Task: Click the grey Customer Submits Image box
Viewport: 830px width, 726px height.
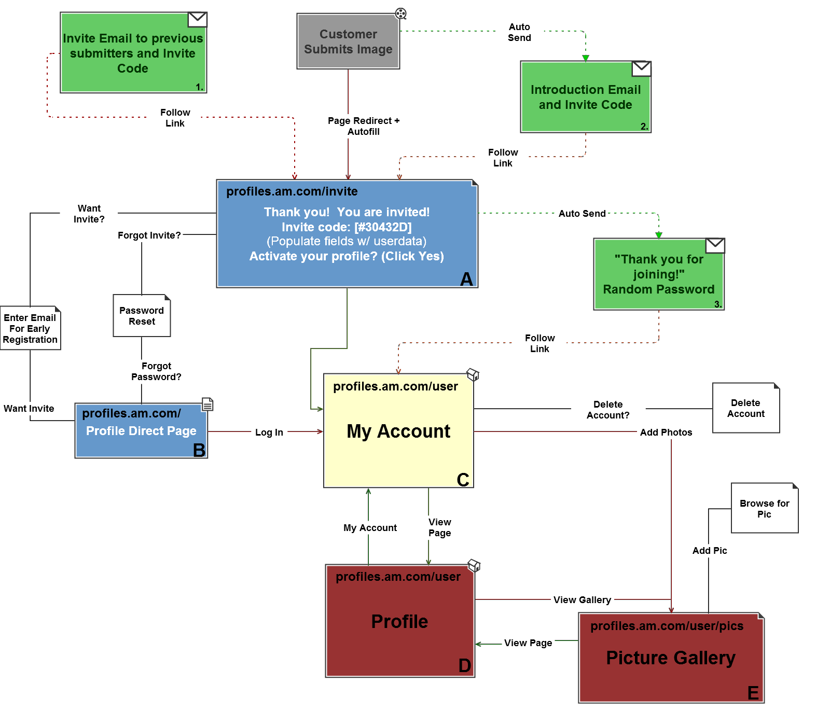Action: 348,41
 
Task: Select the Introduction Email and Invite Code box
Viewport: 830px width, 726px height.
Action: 585,97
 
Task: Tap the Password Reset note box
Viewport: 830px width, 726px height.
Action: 142,316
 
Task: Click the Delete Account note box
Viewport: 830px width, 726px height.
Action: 745,408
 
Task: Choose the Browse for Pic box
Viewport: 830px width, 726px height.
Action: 764,509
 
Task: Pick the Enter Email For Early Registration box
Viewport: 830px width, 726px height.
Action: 30,328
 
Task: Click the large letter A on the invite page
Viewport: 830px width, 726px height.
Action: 466,279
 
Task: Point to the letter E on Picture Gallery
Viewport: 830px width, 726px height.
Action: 753,693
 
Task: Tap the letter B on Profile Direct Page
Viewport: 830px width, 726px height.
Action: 199,450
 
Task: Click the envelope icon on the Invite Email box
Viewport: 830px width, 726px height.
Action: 197,20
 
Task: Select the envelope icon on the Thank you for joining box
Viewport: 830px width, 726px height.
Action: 715,246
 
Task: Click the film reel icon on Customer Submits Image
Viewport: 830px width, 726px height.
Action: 400,14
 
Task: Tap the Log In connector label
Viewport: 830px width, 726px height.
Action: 269,432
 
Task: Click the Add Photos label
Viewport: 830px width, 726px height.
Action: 666,432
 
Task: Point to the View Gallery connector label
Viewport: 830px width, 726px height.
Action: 582,600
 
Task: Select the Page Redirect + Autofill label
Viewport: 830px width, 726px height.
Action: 364,126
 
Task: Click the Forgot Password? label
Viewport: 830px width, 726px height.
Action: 156,371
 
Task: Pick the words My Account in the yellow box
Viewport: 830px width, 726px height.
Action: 398,431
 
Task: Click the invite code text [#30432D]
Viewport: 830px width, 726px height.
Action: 383,227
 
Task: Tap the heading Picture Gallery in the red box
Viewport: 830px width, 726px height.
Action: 671,658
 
